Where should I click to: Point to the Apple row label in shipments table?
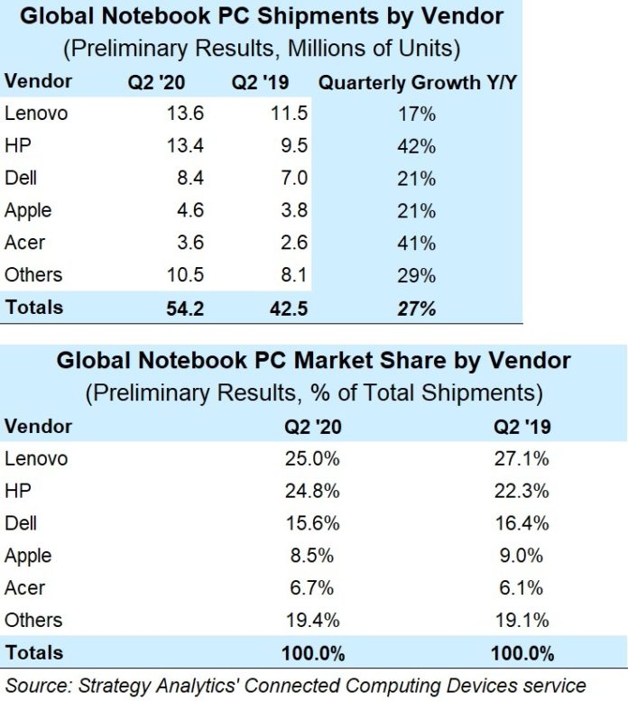click(28, 211)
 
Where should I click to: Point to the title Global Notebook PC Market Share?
click(313, 361)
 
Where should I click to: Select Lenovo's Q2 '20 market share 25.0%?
click(313, 458)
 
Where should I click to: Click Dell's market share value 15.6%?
click(313, 523)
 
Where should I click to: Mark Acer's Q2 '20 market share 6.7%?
click(313, 588)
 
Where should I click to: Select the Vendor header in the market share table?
click(38, 425)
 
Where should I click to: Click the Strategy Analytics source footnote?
click(295, 684)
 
